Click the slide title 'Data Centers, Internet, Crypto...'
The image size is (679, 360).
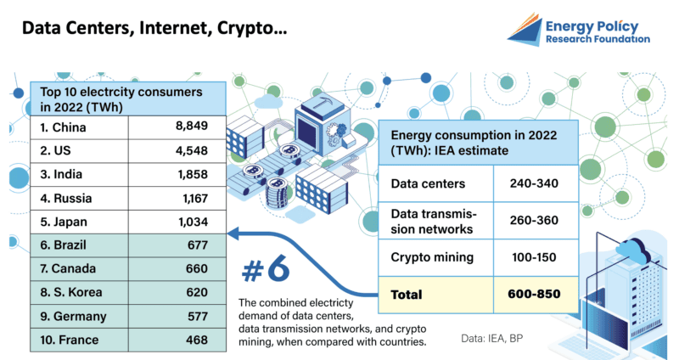(154, 28)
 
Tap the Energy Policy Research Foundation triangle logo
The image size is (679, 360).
(525, 30)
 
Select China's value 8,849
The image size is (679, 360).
(192, 126)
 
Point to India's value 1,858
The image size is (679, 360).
(193, 175)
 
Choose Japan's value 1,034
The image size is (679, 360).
(194, 222)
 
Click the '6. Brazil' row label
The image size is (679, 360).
(63, 245)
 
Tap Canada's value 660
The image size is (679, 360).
(197, 268)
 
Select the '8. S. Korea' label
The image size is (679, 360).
(71, 292)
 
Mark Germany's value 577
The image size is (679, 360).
(198, 316)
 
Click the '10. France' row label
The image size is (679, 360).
(70, 340)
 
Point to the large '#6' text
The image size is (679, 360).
(266, 269)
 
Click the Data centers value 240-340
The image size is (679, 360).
(534, 183)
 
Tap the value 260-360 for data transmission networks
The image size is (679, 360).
(534, 221)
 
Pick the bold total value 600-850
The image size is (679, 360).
(534, 294)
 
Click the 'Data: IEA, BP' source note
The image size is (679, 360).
(492, 338)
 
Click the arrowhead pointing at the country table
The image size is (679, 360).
(233, 234)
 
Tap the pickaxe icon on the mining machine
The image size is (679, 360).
(322, 104)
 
